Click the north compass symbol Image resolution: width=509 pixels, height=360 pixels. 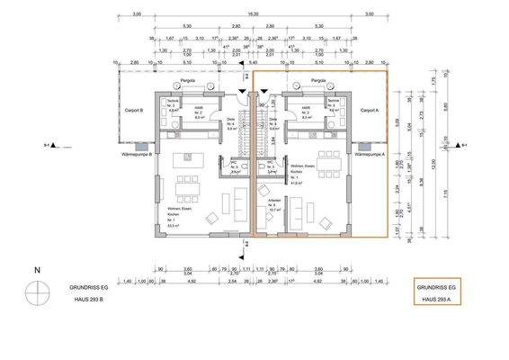(x=37, y=292)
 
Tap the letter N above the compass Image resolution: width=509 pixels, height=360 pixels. (x=37, y=270)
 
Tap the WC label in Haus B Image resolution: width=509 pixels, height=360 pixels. (x=233, y=164)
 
